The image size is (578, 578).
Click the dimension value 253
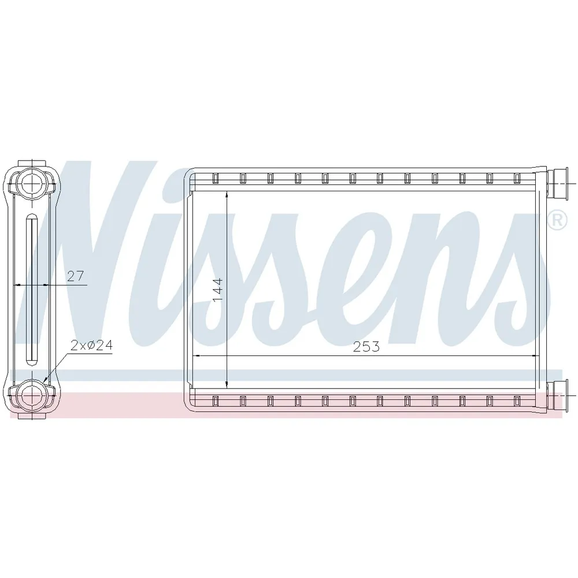(366, 346)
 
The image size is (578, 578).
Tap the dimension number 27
(76, 276)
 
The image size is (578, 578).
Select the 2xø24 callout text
(91, 345)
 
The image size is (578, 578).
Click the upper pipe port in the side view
(32, 181)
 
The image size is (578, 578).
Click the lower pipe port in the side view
(32, 395)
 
